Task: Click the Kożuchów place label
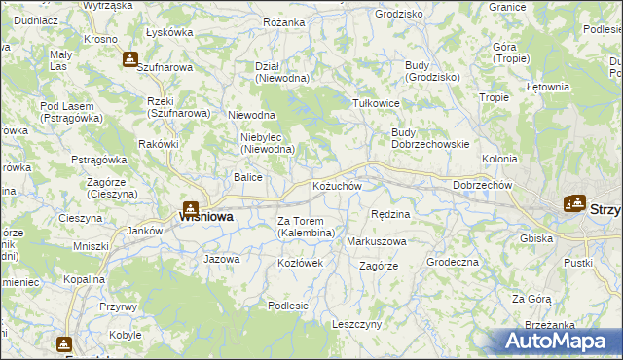[x=337, y=186]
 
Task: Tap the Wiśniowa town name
[x=205, y=217]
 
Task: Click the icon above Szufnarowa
[x=129, y=58]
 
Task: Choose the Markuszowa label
[x=377, y=240]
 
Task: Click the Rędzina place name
[x=391, y=213]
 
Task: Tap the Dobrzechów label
[x=483, y=185]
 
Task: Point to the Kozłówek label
[x=300, y=264]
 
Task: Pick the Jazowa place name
[x=221, y=259]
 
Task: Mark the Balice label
[x=247, y=177]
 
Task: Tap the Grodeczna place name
[x=453, y=262]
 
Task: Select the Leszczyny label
[x=356, y=324]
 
